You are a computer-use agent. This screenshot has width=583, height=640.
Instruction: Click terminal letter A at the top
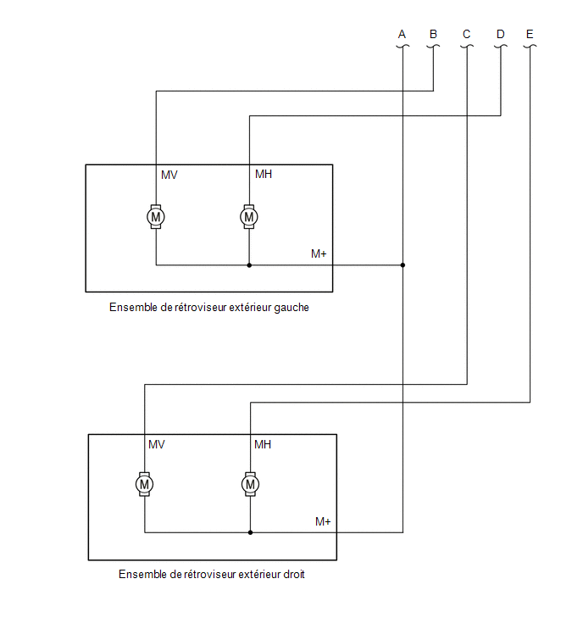point(402,34)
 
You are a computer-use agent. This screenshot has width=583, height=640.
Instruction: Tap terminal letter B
point(433,34)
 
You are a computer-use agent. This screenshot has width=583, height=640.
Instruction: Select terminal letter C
point(467,34)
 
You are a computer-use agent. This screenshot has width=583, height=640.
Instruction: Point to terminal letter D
point(501,34)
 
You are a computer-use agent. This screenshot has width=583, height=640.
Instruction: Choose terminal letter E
point(530,34)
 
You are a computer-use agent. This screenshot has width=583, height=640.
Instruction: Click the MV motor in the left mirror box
point(156,217)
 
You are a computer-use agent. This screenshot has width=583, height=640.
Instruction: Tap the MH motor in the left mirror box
point(249,217)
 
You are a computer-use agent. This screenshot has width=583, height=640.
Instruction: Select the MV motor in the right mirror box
point(144,485)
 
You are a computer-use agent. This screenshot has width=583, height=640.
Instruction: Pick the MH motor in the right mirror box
point(251,485)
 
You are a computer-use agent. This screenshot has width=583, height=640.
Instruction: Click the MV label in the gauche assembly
point(169,175)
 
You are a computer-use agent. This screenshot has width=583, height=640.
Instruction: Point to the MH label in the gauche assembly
point(264,175)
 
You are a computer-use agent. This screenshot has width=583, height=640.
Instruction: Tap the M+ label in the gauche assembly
point(319,253)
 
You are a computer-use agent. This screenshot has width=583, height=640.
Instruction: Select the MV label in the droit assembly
point(157,444)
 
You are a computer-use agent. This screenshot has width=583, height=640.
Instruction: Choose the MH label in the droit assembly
point(263,444)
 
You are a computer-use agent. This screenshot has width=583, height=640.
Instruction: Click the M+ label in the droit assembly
point(323,521)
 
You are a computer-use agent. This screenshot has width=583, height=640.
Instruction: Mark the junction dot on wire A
point(403,265)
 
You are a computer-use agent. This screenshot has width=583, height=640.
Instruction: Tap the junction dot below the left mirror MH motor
point(249,265)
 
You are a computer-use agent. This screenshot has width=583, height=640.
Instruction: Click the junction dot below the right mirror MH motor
point(251,532)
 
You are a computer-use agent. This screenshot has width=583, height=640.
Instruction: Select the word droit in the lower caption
point(294,574)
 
